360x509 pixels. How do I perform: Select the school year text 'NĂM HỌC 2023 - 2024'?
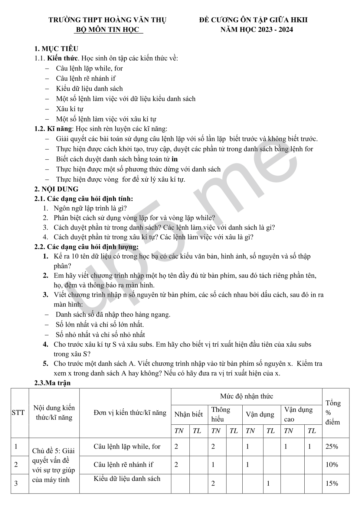tap(256, 30)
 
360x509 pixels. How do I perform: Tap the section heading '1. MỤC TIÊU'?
tap(56, 49)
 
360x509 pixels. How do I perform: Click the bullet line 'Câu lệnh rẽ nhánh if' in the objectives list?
tap(86, 78)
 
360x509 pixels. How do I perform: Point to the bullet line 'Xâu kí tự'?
tap(70, 109)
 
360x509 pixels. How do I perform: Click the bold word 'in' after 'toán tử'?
tap(175, 159)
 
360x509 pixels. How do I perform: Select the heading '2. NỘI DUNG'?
tap(56, 189)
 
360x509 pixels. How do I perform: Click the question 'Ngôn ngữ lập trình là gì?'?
tap(90, 208)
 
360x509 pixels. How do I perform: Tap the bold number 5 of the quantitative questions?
tap(45, 364)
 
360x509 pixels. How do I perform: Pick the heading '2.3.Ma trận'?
tap(53, 383)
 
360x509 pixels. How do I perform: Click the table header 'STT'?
tap(18, 413)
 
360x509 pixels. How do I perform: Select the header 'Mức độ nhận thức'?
tap(246, 396)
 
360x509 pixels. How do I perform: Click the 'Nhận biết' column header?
tap(188, 414)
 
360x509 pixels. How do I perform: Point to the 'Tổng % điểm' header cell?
tap(333, 413)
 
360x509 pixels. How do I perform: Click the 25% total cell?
tap(332, 446)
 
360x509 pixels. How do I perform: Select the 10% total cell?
tap(332, 465)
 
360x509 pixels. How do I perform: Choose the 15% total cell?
tap(332, 484)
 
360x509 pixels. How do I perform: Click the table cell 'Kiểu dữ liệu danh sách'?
tap(127, 479)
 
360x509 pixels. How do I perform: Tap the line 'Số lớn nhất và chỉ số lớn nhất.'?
tap(100, 325)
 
